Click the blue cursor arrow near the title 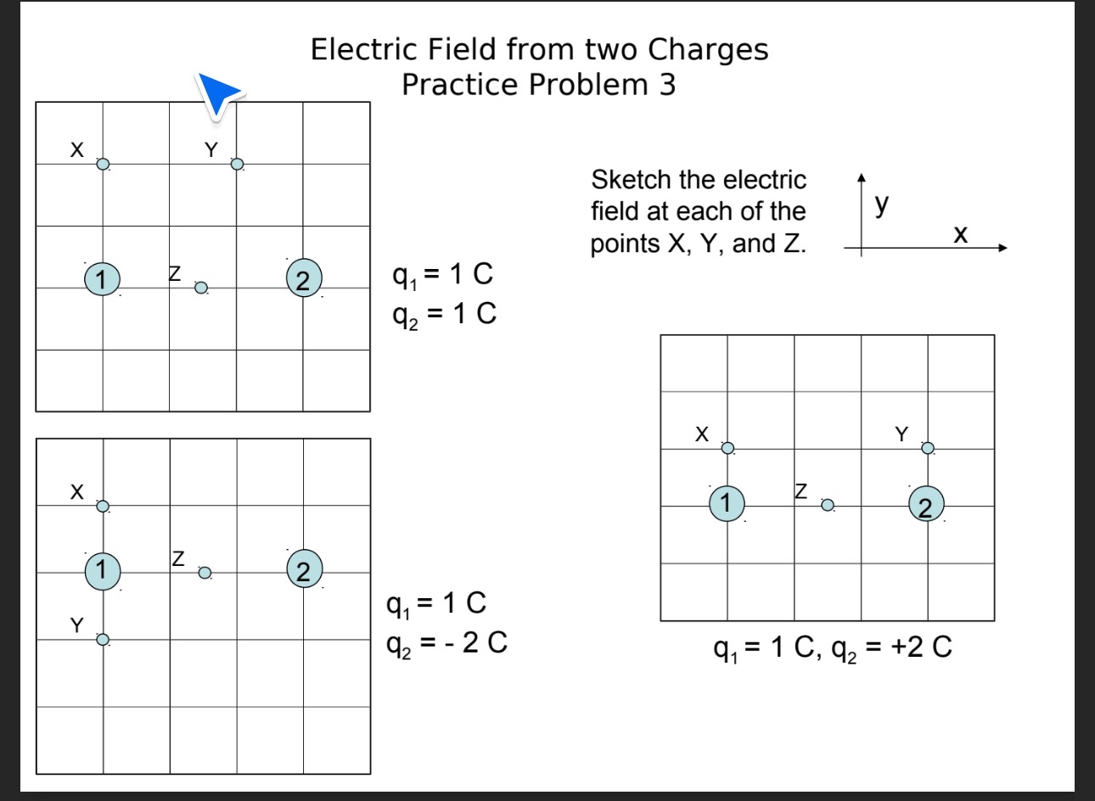pos(217,92)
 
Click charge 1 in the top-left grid pos(102,278)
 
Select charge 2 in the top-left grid pos(304,278)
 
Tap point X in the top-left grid pos(103,165)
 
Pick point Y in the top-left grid pos(238,164)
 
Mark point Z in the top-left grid pos(201,288)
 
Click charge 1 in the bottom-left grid pos(102,569)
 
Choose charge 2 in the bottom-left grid pos(304,568)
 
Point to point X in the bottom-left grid pos(103,507)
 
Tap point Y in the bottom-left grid pos(103,640)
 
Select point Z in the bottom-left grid pos(205,573)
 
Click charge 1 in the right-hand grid pos(727,502)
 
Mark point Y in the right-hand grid pos(928,448)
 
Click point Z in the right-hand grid pos(828,506)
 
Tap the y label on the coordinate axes pos(883,203)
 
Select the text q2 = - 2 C pos(446,643)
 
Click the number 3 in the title pos(667,85)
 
